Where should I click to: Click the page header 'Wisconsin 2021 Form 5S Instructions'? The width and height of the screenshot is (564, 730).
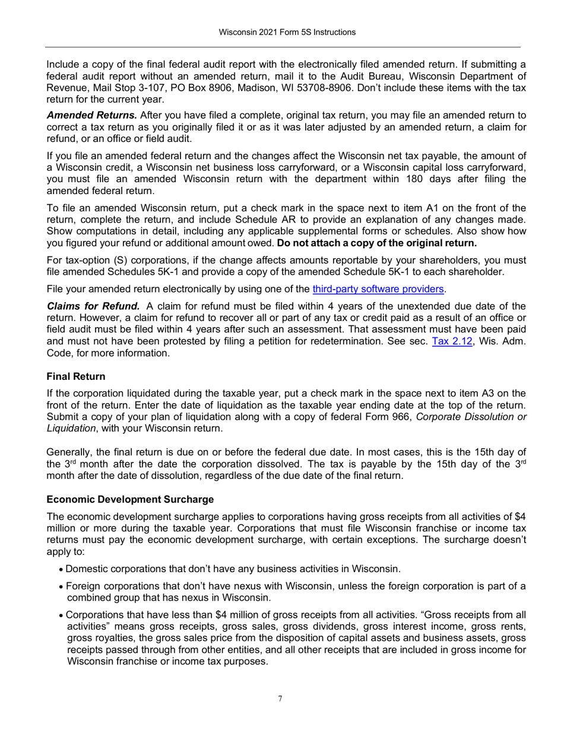pyautogui.click(x=283, y=32)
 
